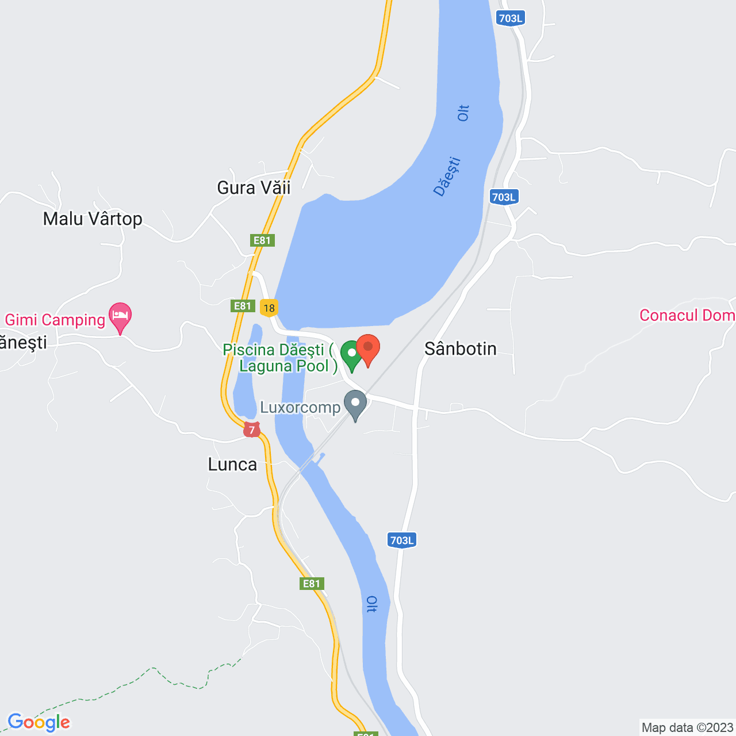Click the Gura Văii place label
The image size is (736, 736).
click(254, 187)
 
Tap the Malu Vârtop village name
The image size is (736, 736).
click(93, 218)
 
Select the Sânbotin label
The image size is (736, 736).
click(460, 348)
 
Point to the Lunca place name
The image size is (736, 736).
click(232, 465)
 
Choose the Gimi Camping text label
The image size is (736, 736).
click(55, 320)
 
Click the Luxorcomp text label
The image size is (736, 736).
click(300, 407)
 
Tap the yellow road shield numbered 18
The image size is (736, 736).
click(269, 308)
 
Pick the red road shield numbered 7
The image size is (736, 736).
click(251, 430)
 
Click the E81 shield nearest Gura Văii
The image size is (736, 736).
click(262, 240)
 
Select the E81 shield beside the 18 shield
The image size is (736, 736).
click(243, 306)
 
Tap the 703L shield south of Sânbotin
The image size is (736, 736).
click(401, 540)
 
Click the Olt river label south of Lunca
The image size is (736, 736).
click(372, 604)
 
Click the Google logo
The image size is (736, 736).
click(39, 722)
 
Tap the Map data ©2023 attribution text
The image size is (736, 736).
click(687, 727)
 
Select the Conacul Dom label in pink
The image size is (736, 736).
click(687, 315)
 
